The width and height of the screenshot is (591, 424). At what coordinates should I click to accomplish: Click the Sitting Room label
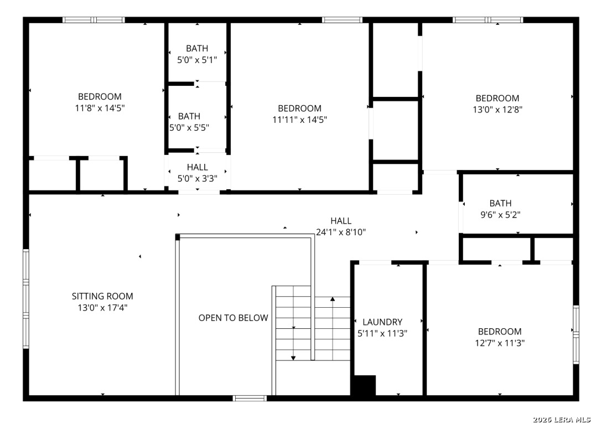click(x=102, y=296)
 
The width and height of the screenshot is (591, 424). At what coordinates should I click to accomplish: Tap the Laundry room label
click(x=382, y=322)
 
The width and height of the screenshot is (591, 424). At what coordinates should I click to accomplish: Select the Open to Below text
click(x=234, y=318)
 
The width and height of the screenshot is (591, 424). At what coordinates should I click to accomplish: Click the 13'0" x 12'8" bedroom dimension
click(x=497, y=110)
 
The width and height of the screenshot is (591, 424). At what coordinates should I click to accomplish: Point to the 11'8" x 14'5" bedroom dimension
click(x=100, y=108)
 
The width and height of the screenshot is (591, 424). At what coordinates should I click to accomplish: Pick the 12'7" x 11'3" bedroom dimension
click(x=500, y=343)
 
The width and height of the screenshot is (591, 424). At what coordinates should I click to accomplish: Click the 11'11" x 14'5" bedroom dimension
click(x=299, y=120)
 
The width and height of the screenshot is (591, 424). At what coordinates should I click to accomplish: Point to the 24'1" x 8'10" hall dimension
click(x=341, y=232)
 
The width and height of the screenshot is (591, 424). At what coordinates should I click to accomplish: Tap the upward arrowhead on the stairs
click(x=333, y=299)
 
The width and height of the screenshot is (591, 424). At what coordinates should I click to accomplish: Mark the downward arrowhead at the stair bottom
click(x=293, y=358)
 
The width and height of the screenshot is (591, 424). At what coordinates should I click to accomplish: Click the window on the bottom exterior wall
click(x=250, y=398)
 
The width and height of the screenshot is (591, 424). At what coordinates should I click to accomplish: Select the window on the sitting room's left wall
click(x=25, y=298)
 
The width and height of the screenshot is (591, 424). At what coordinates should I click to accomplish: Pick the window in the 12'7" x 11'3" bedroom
click(x=576, y=335)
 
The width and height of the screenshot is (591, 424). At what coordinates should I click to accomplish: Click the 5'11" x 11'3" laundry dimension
click(x=382, y=334)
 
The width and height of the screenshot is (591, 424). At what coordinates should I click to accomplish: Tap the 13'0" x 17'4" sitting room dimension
click(x=102, y=308)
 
